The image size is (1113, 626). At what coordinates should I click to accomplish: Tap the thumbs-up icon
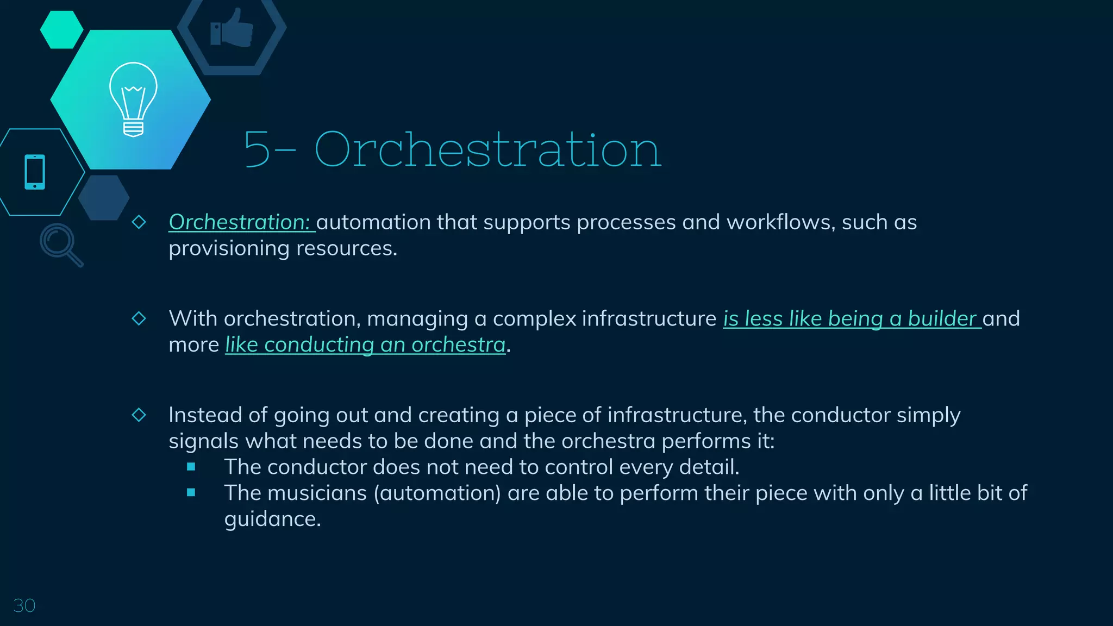point(232,28)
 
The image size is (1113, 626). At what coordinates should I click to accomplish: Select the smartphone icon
point(35,172)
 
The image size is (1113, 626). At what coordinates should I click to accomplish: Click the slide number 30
point(24,605)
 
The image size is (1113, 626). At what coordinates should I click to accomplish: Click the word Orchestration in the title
point(487,149)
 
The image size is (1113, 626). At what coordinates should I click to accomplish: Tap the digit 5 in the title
point(257,149)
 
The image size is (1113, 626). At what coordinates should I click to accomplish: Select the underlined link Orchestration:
point(240,222)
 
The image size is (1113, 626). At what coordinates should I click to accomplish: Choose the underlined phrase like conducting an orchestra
point(365,345)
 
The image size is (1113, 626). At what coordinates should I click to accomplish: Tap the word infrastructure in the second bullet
point(649,319)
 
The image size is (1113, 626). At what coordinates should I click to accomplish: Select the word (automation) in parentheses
point(437,493)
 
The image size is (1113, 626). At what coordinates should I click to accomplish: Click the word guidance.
point(272,519)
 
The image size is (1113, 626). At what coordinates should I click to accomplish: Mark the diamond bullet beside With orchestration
point(139,318)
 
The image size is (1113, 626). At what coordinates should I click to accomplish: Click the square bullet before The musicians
point(191,493)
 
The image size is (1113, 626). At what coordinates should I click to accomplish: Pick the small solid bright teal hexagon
point(61,30)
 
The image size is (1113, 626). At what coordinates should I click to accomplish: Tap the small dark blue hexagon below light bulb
point(103,198)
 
